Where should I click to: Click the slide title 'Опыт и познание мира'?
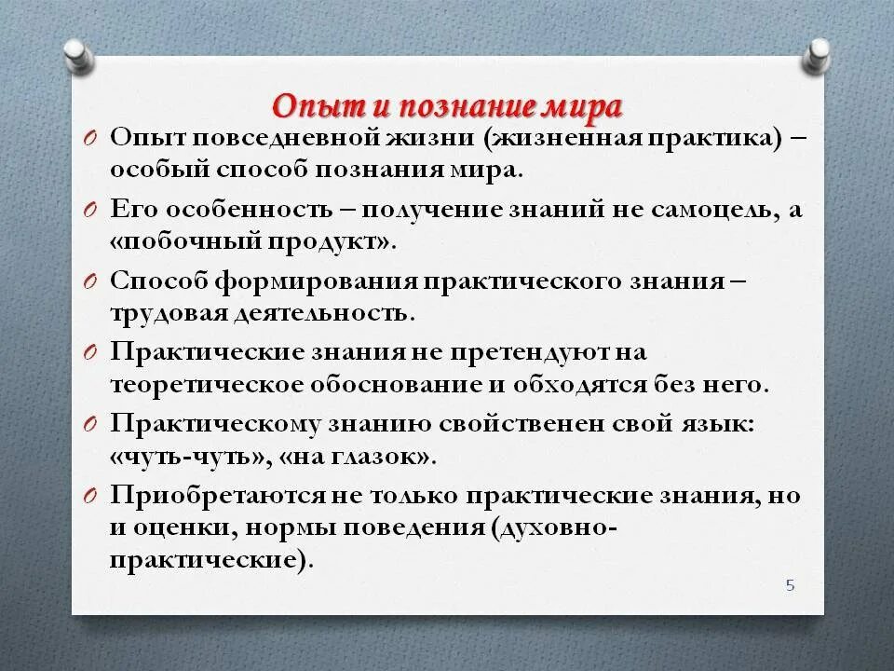pos(446,104)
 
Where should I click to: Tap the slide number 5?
pos(790,585)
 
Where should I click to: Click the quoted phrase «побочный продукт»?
pos(252,241)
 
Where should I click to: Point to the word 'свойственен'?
pos(521,424)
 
